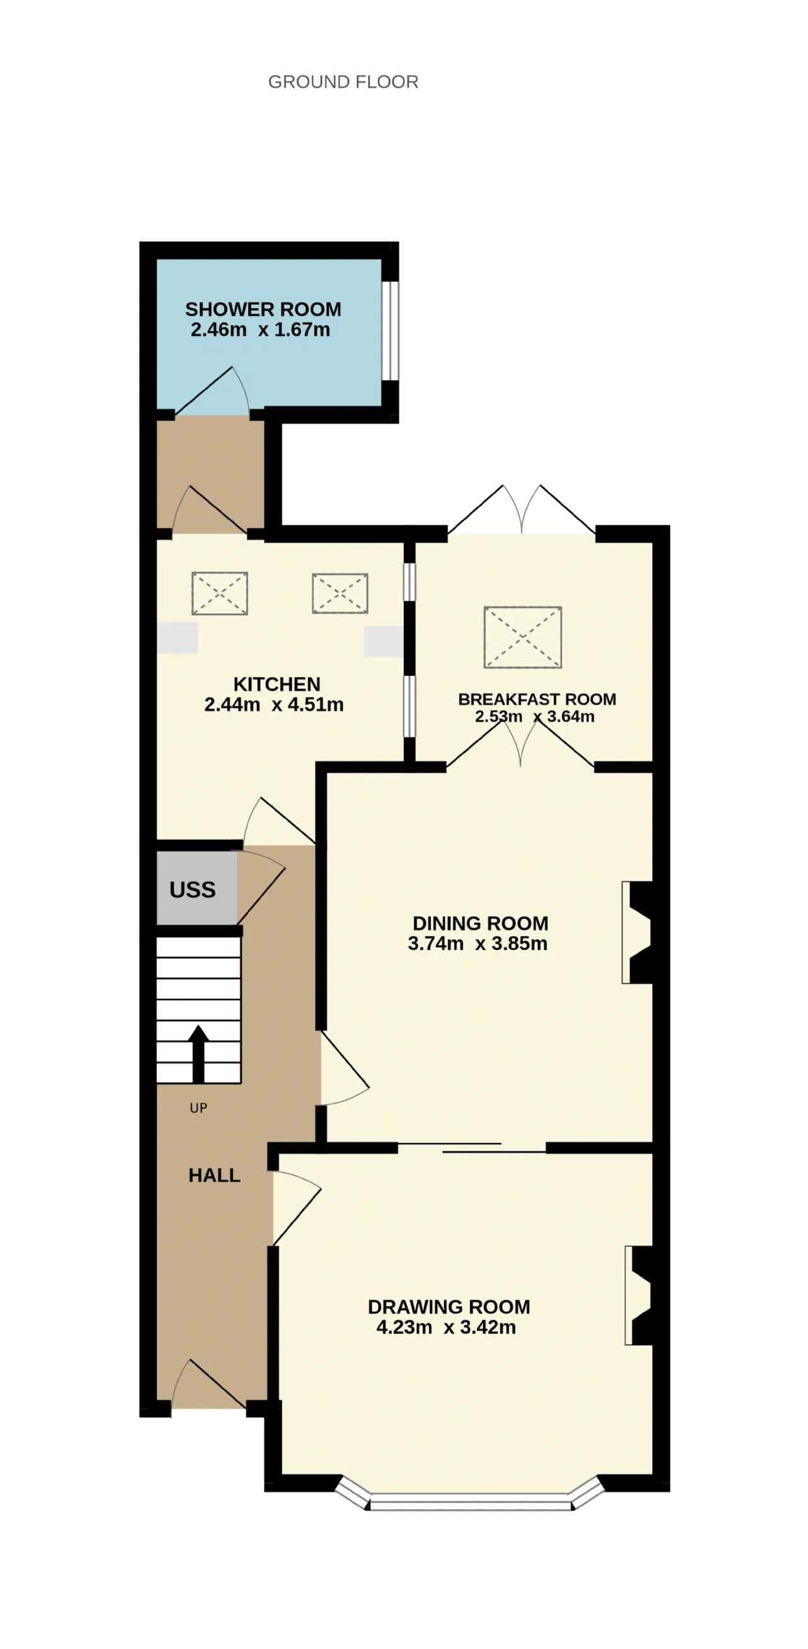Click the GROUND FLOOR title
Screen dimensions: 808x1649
click(x=343, y=82)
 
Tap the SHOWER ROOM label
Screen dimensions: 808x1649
click(x=263, y=309)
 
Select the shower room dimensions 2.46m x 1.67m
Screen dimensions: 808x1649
click(x=260, y=330)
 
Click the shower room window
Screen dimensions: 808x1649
click(x=390, y=330)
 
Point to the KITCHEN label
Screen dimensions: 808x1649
click(x=276, y=685)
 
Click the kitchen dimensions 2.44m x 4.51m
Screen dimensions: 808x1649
click(x=274, y=705)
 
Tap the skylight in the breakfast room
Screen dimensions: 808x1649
click(x=523, y=638)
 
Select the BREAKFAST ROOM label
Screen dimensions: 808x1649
click(x=537, y=699)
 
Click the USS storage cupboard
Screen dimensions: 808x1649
click(x=197, y=889)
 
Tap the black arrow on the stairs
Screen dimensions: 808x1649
click(x=198, y=1053)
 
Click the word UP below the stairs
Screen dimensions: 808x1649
click(x=198, y=1108)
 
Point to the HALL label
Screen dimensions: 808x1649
click(x=215, y=1175)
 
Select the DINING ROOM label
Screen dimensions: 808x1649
click(x=480, y=923)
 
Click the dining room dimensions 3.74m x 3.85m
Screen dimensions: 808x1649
click(x=478, y=944)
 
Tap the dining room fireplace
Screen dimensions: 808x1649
click(x=637, y=933)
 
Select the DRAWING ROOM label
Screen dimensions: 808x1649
click(x=449, y=1307)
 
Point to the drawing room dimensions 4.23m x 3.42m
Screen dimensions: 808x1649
click(x=446, y=1327)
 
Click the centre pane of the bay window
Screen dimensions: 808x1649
click(x=470, y=1501)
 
